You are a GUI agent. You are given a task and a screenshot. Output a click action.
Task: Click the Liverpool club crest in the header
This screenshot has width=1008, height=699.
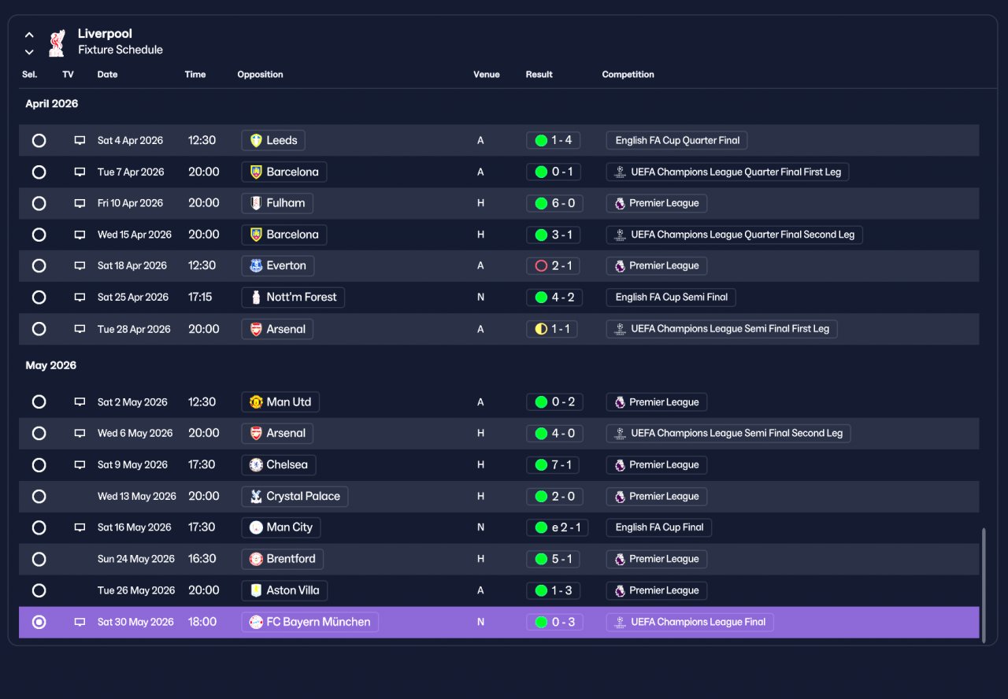click(x=57, y=43)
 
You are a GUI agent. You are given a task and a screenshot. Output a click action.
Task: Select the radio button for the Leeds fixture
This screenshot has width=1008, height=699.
click(x=39, y=140)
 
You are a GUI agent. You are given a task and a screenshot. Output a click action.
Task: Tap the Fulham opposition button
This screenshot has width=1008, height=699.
click(x=277, y=203)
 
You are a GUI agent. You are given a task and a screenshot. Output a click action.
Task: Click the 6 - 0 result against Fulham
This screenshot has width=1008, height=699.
click(x=554, y=203)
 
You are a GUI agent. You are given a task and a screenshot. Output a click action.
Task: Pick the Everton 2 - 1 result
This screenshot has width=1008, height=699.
click(x=553, y=266)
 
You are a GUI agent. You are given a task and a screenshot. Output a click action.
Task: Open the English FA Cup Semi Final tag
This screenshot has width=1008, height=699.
click(x=671, y=298)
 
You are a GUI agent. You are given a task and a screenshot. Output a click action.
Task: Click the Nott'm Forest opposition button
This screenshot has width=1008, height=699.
click(x=293, y=298)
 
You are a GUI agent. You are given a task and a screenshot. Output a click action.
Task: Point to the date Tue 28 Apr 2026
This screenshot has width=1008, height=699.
click(x=134, y=329)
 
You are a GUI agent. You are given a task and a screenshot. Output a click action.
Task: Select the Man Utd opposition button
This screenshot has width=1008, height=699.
click(x=280, y=401)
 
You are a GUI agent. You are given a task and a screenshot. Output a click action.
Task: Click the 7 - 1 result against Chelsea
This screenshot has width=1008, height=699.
click(x=553, y=464)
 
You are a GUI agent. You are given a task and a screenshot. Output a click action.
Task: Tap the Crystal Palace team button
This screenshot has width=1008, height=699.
click(x=295, y=496)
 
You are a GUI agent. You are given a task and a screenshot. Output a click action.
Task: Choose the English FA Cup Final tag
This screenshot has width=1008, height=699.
click(x=659, y=527)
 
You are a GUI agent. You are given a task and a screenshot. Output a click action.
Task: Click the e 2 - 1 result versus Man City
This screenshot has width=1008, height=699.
click(x=557, y=527)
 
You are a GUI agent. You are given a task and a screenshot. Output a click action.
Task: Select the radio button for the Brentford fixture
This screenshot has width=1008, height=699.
click(x=39, y=559)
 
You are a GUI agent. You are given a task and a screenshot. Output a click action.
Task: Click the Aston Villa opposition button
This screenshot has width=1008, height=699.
click(x=284, y=590)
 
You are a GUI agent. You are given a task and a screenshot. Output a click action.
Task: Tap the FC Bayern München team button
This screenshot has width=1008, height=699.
click(x=309, y=622)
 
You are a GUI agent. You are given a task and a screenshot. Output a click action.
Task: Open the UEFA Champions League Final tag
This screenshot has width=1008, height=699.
click(x=690, y=622)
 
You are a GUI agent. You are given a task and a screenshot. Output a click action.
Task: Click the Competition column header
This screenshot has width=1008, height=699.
click(x=628, y=75)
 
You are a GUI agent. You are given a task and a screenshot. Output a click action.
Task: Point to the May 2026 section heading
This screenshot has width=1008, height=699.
click(x=51, y=365)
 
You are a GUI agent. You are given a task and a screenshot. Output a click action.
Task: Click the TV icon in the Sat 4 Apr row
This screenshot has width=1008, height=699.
click(x=80, y=140)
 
